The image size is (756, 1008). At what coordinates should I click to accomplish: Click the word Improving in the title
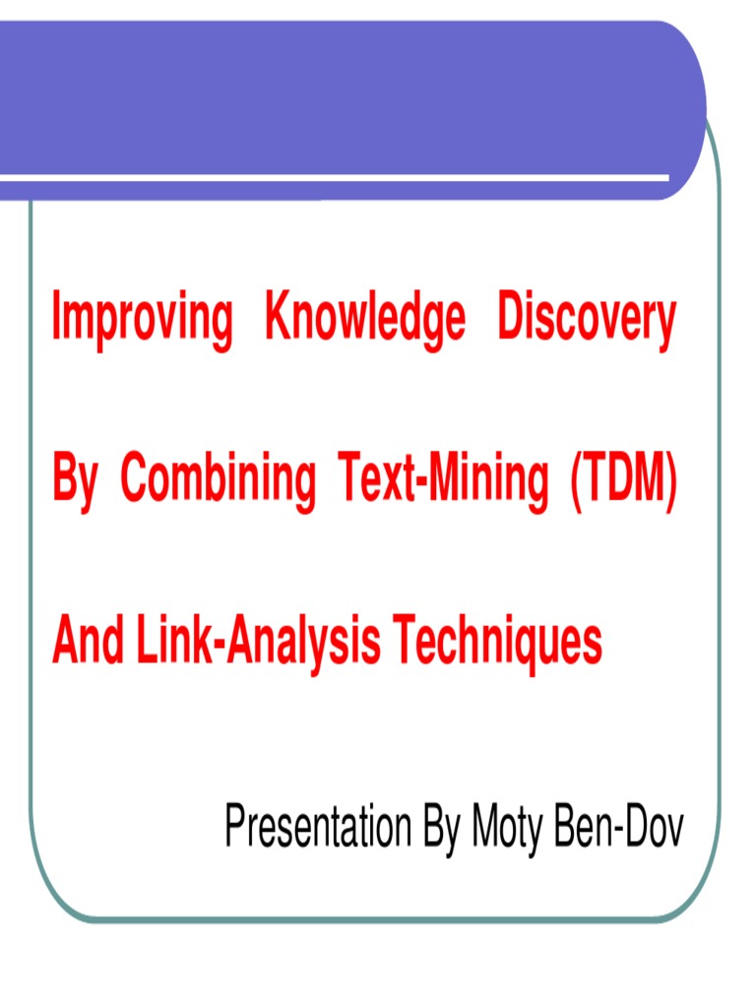tap(143, 320)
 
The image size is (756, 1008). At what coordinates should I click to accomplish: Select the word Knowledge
tap(365, 320)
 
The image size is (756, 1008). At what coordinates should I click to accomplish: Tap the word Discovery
tap(587, 320)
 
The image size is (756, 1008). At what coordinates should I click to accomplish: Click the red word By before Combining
tap(75, 482)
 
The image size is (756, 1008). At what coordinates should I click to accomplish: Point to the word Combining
tap(218, 482)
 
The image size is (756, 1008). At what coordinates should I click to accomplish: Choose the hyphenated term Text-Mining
tap(442, 480)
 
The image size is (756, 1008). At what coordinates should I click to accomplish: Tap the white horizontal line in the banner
tap(335, 178)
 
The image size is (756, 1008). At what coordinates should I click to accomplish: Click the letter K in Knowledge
tap(277, 318)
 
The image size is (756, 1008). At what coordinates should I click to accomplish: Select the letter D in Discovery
tap(511, 318)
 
